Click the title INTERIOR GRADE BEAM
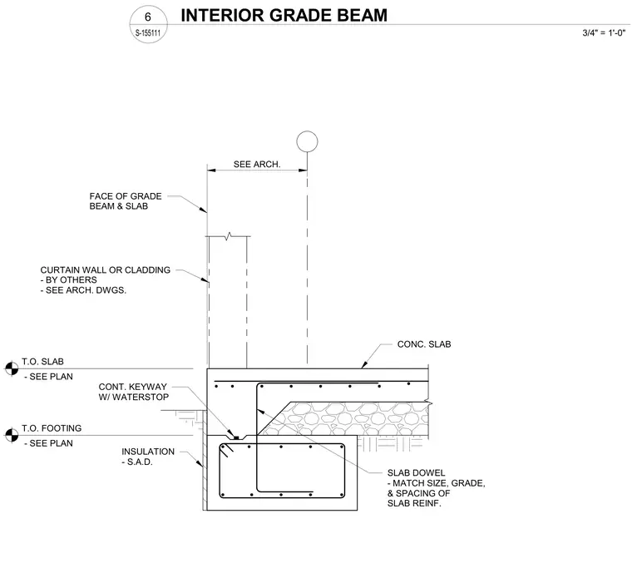coord(284,15)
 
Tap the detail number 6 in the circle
coord(148,17)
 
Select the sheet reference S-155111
coord(148,33)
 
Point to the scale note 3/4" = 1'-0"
coord(604,33)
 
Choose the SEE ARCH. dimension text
coord(257,165)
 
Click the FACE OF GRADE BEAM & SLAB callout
coord(126,201)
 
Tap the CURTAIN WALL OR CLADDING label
coord(106,270)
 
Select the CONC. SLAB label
coord(424,344)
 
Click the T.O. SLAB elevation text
coord(42,362)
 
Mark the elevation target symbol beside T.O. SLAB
coord(12,368)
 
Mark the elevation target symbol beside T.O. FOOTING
coord(12,435)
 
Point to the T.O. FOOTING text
coord(52,428)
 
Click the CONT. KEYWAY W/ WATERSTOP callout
coord(133,392)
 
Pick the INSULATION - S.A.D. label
coord(148,457)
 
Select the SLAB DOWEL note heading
coord(417,472)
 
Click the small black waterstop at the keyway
coord(237,437)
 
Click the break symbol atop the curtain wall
coord(229,235)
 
